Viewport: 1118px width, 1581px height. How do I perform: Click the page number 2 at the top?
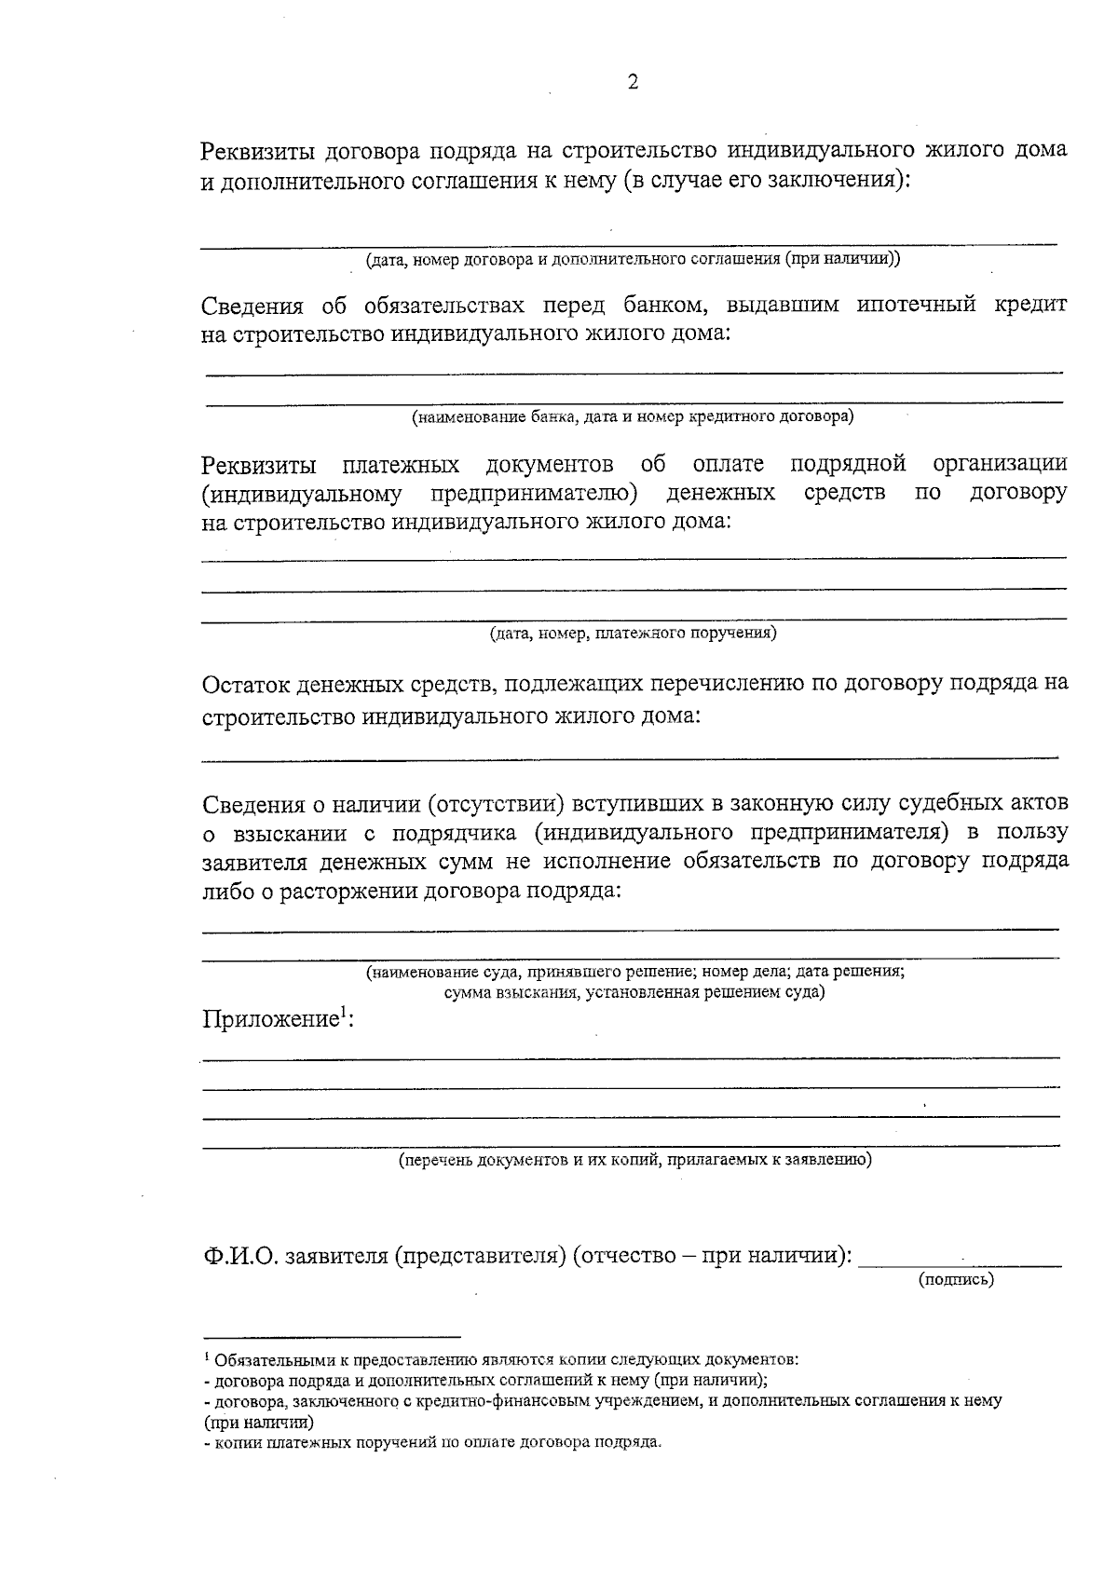pos(634,83)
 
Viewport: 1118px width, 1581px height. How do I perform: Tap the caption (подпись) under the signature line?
pos(957,1279)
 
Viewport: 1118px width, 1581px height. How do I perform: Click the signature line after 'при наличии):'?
pos(960,1265)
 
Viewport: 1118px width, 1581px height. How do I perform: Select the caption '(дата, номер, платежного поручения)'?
pos(634,634)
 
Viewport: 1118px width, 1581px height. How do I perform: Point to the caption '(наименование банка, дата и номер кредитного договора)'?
pos(634,416)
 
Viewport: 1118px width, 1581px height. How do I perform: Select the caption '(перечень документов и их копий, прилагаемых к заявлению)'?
pos(634,1160)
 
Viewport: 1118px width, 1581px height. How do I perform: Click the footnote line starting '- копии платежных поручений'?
pos(432,1443)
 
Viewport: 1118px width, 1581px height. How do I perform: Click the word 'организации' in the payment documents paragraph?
pos(999,463)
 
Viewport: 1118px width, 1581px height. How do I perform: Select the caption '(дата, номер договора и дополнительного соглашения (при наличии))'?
pos(633,259)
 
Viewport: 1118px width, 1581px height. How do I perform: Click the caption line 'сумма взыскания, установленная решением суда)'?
pos(634,992)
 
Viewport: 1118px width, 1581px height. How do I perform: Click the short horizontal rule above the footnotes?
pos(332,1336)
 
